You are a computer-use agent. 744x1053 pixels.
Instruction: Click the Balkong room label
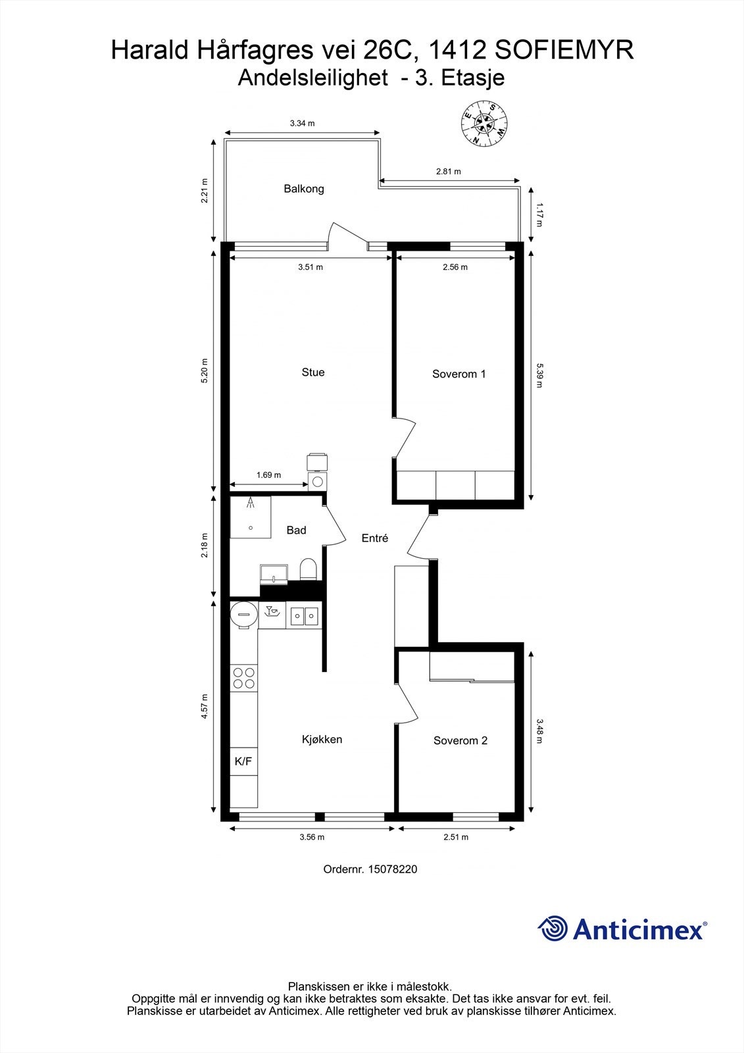(304, 189)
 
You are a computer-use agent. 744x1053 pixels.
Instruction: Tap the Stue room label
(313, 372)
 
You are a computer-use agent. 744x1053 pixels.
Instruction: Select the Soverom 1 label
(459, 374)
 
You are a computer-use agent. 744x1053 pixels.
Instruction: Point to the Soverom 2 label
(460, 740)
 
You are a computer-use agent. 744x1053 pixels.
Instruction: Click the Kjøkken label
(322, 739)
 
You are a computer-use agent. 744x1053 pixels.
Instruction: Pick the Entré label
(375, 538)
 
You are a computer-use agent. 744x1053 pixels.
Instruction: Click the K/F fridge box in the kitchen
(243, 761)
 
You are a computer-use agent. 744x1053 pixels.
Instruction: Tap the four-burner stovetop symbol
(244, 678)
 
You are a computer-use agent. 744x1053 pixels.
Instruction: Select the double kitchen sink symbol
(305, 616)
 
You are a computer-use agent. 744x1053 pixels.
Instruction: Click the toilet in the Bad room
(309, 569)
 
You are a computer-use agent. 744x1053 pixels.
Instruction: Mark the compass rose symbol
(484, 122)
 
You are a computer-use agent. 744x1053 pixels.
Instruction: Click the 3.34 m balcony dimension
(302, 123)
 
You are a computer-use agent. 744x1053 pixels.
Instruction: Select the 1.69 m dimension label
(268, 475)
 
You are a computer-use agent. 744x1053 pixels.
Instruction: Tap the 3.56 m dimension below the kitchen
(312, 837)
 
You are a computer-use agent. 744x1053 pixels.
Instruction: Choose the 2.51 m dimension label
(456, 837)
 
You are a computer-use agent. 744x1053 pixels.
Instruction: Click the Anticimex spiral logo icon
(553, 929)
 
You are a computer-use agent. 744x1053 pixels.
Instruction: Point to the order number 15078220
(391, 869)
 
